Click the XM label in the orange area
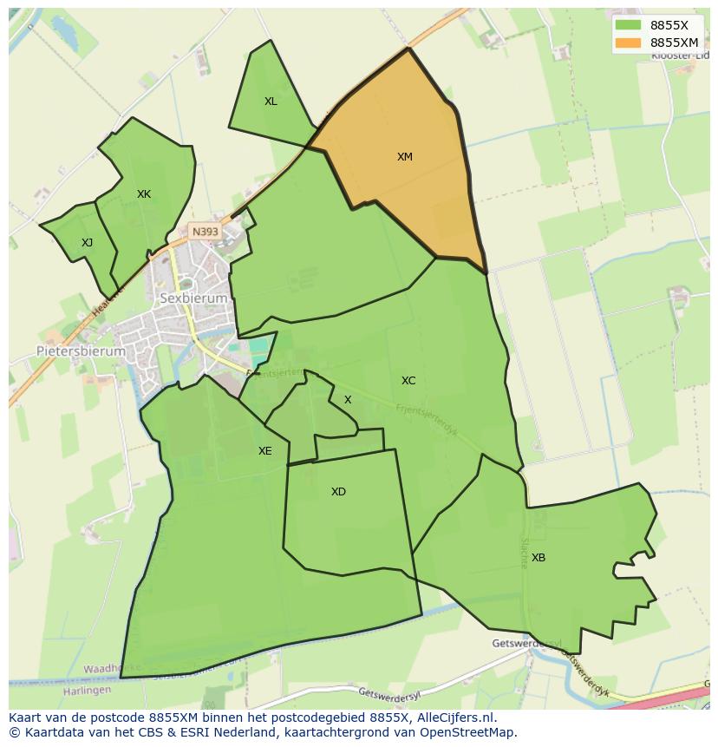(405, 157)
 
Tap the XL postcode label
(271, 102)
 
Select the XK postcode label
(144, 194)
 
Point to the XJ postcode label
(87, 243)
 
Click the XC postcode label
(408, 381)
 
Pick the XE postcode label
(264, 451)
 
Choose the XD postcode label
(338, 492)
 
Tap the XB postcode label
(538, 558)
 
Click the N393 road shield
(206, 232)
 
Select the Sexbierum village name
(194, 298)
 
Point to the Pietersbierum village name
(81, 351)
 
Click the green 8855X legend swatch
(629, 25)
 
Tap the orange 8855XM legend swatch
(629, 43)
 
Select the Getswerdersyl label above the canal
(526, 644)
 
